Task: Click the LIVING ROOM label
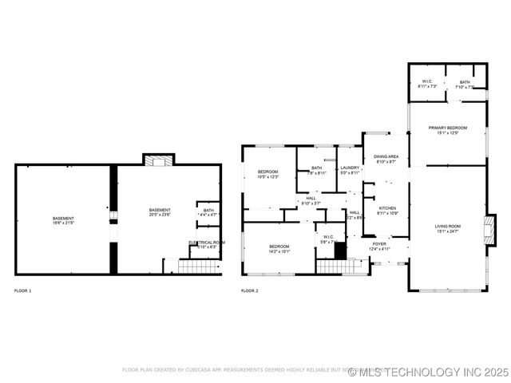click(x=447, y=227)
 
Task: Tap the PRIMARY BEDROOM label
click(x=447, y=128)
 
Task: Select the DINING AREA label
click(x=386, y=156)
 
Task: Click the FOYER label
click(x=379, y=243)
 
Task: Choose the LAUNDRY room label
click(x=350, y=168)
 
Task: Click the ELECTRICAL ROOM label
click(x=207, y=242)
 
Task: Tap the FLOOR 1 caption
click(x=23, y=290)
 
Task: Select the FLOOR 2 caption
click(x=249, y=290)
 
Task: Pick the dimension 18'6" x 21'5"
click(x=63, y=223)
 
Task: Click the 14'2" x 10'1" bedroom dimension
click(x=279, y=251)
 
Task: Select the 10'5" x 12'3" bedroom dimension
click(x=267, y=177)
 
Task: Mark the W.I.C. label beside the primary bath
click(x=427, y=81)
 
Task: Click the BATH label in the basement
click(x=208, y=210)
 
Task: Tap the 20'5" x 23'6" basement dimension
click(x=160, y=215)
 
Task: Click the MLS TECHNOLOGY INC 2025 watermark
click(x=434, y=372)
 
